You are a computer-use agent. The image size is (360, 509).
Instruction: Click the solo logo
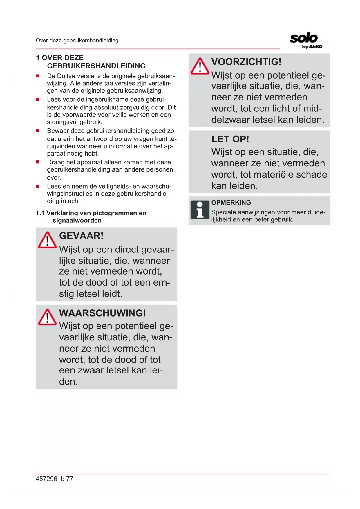click(304, 38)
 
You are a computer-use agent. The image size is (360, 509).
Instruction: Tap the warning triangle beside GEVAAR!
click(47, 240)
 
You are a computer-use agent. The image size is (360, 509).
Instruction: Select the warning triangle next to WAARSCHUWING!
click(47, 317)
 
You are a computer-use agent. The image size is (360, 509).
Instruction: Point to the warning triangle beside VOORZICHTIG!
click(200, 66)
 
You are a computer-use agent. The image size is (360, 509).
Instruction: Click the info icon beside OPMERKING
click(200, 210)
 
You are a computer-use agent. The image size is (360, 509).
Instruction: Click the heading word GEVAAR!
click(81, 236)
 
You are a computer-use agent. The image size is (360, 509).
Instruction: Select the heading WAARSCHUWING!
click(102, 313)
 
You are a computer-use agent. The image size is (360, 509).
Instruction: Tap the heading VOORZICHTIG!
click(246, 62)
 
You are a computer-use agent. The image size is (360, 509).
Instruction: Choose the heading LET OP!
click(230, 139)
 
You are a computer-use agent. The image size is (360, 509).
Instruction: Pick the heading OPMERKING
click(231, 203)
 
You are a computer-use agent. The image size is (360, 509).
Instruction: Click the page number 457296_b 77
click(55, 479)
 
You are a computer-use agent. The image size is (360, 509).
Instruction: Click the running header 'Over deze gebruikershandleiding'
click(77, 41)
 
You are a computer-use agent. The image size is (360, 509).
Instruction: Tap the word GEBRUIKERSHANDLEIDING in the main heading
click(96, 66)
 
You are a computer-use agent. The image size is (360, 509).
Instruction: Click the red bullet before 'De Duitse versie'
click(38, 76)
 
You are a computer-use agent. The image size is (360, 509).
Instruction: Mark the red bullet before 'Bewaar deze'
click(38, 131)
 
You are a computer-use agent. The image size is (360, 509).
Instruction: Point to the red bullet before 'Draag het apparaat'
click(38, 162)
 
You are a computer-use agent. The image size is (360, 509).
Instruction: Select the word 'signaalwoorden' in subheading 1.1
click(77, 221)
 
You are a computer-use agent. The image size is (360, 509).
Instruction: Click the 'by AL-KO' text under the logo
click(312, 47)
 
